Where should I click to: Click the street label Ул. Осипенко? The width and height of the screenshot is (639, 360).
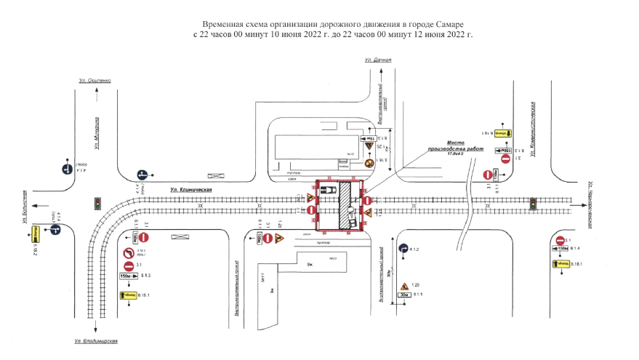coord(95,80)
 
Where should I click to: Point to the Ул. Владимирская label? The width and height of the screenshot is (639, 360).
coord(96,341)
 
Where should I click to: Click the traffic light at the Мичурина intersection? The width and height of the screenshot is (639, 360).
coord(97,204)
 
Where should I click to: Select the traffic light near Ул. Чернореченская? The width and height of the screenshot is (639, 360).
coord(533,203)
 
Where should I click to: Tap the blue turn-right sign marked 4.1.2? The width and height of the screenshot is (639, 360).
coord(403,249)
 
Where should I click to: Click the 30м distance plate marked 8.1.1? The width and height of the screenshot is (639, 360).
coord(405,295)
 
